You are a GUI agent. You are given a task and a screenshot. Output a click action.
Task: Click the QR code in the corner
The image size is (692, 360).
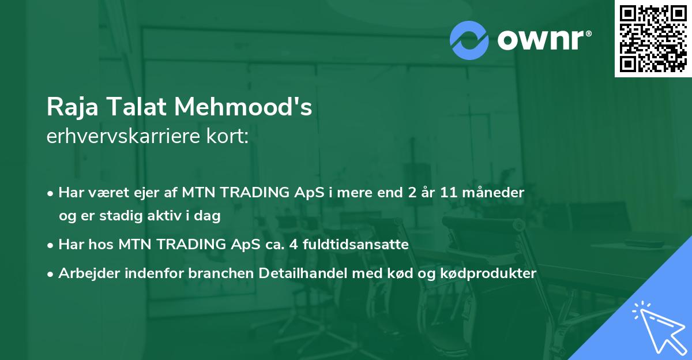[x=653, y=38]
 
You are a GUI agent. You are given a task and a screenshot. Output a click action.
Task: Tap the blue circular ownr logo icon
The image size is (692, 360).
[x=469, y=40]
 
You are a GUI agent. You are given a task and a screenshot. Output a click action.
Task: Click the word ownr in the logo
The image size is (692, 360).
[x=540, y=40]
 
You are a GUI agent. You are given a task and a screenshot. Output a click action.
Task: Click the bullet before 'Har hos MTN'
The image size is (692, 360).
[x=51, y=245]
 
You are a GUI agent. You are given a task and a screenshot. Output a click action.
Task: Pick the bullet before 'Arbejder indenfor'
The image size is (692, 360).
[x=51, y=275]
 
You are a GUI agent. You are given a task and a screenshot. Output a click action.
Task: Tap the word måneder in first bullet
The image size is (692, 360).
[x=495, y=193]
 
